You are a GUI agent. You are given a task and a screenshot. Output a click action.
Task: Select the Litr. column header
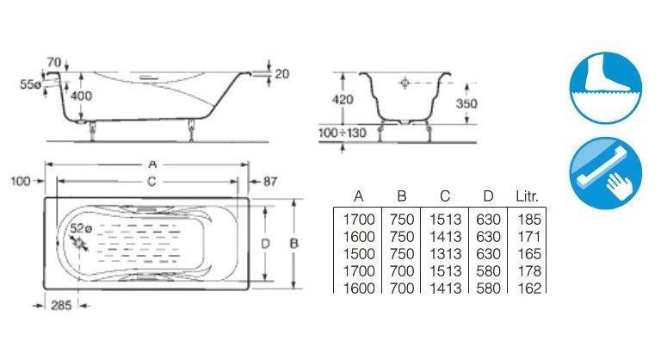pyautogui.click(x=527, y=196)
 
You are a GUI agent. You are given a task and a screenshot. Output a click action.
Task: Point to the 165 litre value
pyautogui.click(x=528, y=254)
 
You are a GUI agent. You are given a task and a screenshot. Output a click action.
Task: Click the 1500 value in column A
pyautogui.click(x=357, y=254)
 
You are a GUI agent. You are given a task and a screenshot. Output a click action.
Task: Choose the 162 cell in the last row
pyautogui.click(x=528, y=288)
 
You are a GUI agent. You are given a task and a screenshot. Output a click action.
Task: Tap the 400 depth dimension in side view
pyautogui.click(x=81, y=96)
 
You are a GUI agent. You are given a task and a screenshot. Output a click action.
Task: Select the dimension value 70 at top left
pyautogui.click(x=53, y=63)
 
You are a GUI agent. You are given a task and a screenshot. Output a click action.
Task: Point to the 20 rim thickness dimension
pyautogui.click(x=281, y=74)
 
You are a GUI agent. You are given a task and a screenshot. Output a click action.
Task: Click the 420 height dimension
pyautogui.click(x=342, y=98)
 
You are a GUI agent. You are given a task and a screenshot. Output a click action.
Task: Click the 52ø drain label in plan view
pyautogui.click(x=81, y=228)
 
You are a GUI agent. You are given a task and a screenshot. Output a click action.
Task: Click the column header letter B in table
pyautogui.click(x=403, y=196)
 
